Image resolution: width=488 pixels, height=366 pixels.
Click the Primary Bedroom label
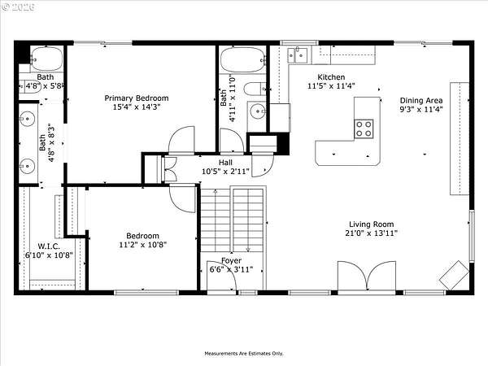coord(137,98)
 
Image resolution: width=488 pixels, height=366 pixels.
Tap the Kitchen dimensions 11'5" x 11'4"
coord(331,86)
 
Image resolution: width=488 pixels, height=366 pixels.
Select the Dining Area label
coord(421,101)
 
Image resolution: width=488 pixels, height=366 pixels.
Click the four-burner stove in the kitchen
coord(364,129)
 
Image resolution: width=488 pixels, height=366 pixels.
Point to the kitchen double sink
coord(297,55)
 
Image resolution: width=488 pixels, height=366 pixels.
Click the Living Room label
coord(372,224)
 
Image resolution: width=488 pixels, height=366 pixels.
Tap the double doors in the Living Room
coord(367,277)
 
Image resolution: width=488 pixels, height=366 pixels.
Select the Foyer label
coord(231,260)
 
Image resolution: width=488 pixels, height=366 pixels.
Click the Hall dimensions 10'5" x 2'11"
coord(225,171)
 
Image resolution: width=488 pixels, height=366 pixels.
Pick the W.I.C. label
coord(49,246)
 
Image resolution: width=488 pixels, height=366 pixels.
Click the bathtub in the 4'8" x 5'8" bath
coord(46,59)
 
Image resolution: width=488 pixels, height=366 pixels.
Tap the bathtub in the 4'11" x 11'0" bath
coord(242,60)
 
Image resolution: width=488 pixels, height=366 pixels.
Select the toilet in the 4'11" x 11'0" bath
coord(255,89)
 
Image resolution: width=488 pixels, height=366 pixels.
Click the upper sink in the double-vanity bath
coord(28,119)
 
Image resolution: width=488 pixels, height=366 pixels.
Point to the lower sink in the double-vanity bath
coord(28,165)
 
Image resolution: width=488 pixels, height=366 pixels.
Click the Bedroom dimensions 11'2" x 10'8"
coord(143,245)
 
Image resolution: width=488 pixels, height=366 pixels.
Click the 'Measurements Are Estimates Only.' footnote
coord(244,354)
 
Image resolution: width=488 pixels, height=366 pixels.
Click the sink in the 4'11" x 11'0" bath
coord(258,110)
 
